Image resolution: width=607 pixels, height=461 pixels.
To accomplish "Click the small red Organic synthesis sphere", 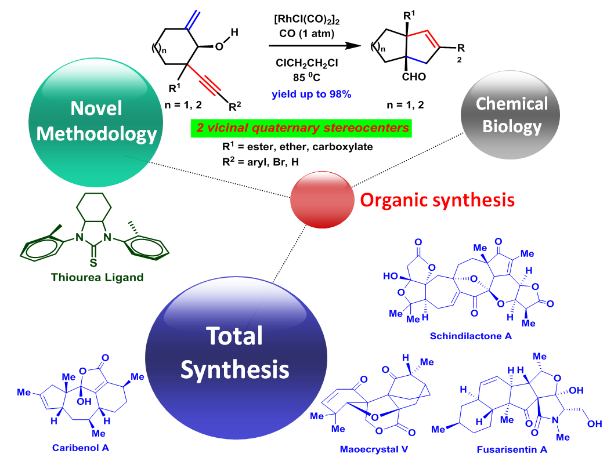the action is (322, 199).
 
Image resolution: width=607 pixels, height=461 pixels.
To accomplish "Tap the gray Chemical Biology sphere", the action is (510, 115).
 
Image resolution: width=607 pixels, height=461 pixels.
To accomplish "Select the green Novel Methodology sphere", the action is (96, 122).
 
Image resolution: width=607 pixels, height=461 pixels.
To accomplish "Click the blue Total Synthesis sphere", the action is (236, 358).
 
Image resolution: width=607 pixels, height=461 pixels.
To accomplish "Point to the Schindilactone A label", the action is (471, 336).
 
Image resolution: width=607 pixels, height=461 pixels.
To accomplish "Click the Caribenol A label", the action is (81, 448).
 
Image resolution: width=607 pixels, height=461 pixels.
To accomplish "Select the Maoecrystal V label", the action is (374, 449).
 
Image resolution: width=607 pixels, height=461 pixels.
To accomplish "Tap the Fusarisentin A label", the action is (512, 449).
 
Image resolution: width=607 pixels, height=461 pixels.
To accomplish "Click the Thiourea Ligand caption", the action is (97, 277).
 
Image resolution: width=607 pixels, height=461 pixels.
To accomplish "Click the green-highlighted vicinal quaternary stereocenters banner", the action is (301, 128).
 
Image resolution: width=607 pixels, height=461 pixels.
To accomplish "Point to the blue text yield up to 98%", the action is (311, 94).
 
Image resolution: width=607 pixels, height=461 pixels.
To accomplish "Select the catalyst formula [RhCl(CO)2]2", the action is (306, 19).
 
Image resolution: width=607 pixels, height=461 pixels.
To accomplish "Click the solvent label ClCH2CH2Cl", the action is (306, 63).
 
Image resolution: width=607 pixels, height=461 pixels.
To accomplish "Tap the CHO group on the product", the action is (414, 77).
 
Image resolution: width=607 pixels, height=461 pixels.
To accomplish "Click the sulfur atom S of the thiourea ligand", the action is (93, 263).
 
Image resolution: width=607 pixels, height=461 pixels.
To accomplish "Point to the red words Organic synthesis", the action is (438, 200).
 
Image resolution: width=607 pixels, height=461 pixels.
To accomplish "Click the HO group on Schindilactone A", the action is (391, 276).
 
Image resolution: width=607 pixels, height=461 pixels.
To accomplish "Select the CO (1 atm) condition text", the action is (306, 34).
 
